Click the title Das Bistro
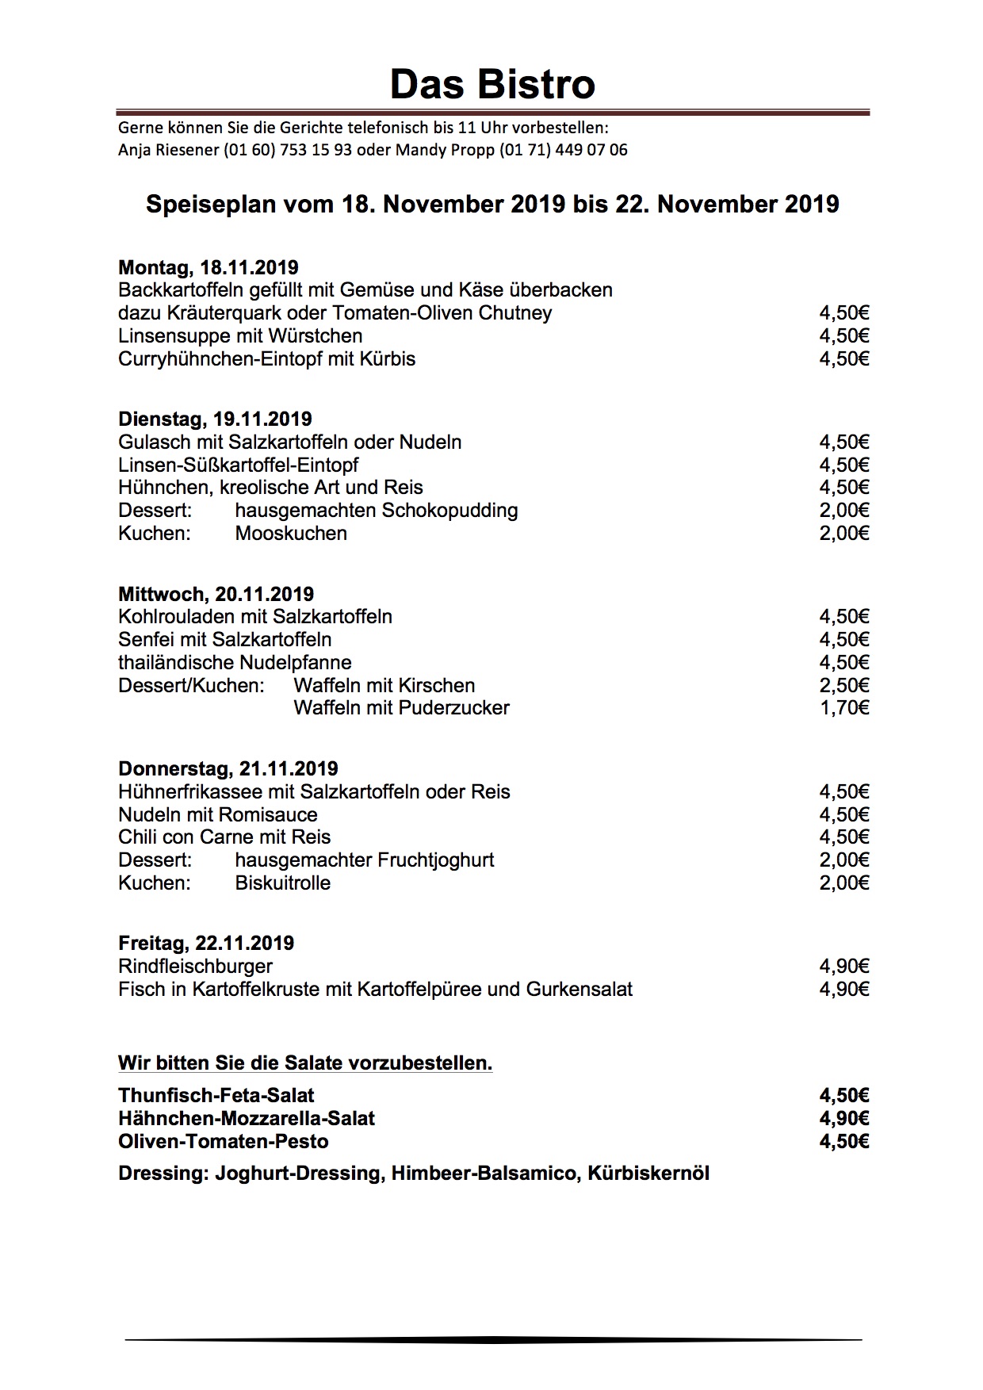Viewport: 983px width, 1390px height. pos(492,84)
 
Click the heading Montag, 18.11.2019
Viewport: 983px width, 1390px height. pos(208,267)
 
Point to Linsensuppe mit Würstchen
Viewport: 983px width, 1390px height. pos(240,336)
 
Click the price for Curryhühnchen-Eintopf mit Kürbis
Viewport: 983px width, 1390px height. pos(844,359)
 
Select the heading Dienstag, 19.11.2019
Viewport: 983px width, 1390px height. pos(215,419)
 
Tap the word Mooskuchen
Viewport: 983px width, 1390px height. pos(291,534)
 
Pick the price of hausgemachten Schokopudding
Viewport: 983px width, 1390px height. pos(844,511)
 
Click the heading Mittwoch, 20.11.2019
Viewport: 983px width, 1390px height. pos(216,594)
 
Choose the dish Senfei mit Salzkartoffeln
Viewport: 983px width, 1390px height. pos(225,640)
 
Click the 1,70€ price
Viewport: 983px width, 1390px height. pos(844,708)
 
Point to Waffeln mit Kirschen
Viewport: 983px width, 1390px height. pos(384,686)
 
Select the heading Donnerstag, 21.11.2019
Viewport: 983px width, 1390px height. pos(228,768)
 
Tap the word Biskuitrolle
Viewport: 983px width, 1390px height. pos(283,883)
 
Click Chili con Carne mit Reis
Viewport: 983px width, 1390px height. pos(224,837)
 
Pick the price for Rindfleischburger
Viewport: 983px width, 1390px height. pos(844,967)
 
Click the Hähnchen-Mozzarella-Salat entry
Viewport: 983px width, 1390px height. pos(247,1119)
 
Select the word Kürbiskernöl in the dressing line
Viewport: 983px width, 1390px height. pos(648,1174)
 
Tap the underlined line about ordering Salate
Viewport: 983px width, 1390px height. pos(305,1063)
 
